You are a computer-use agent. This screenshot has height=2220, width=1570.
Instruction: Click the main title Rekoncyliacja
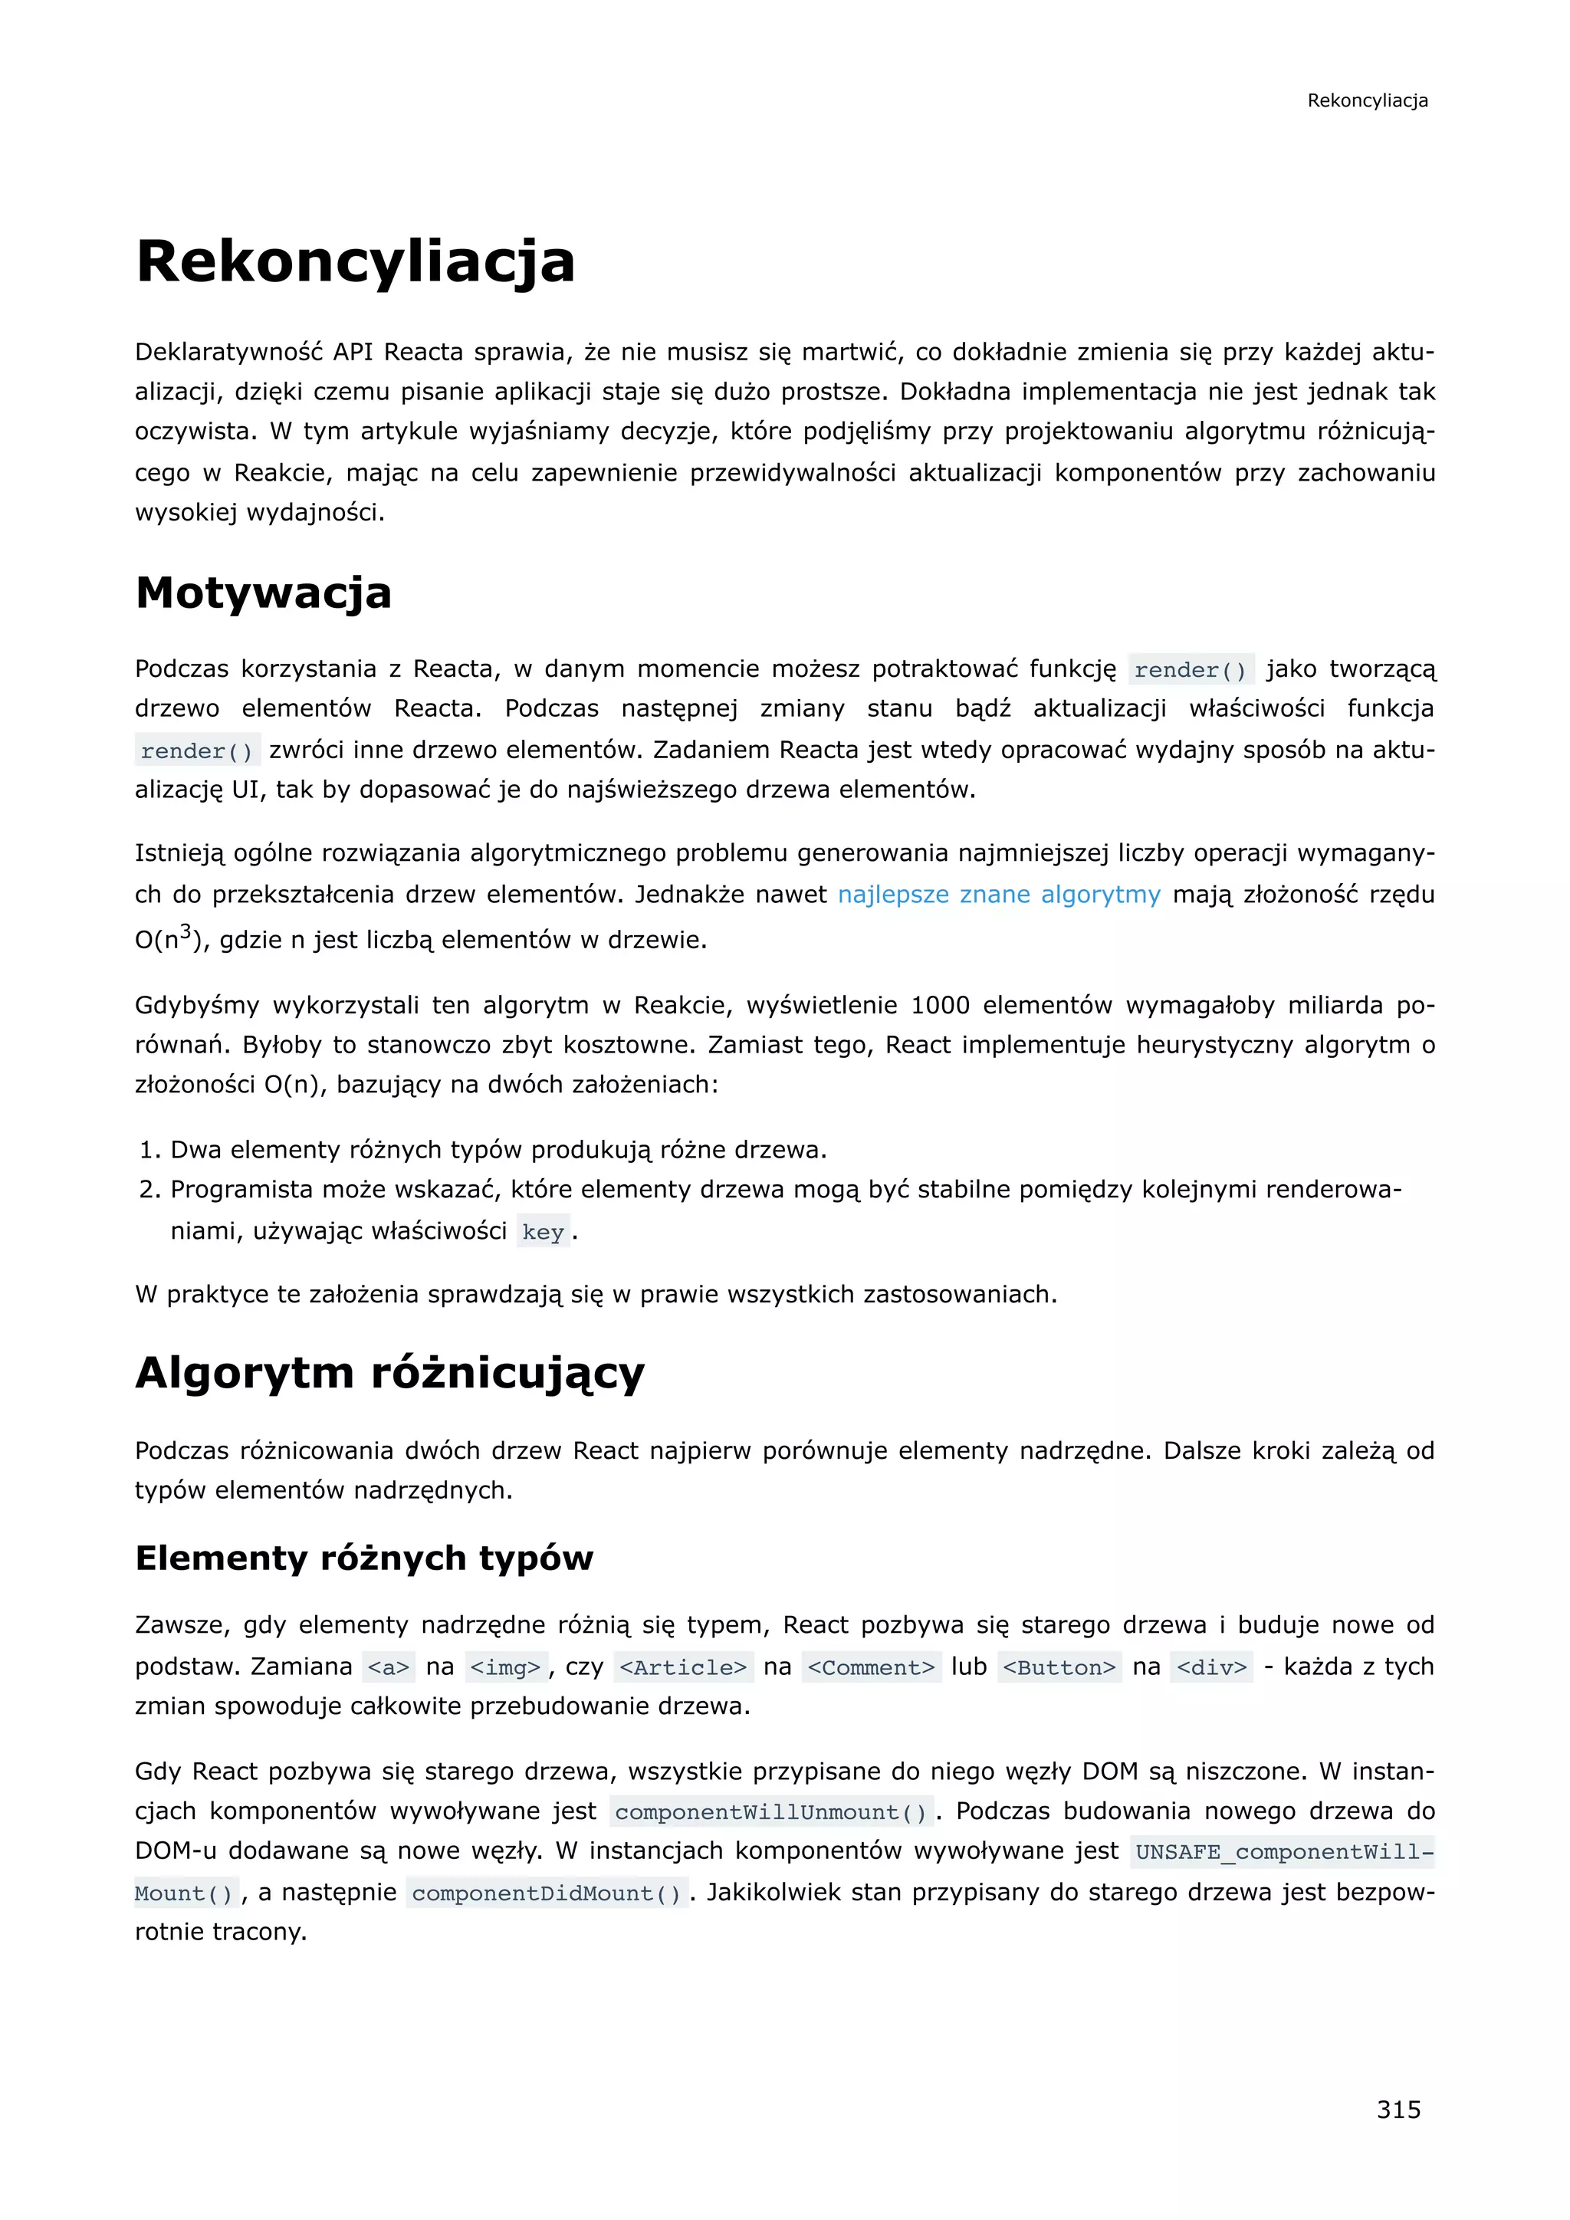tap(355, 261)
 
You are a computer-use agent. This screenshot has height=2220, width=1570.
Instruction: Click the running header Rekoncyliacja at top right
tap(1367, 100)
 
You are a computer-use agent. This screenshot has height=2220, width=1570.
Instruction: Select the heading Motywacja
tap(263, 593)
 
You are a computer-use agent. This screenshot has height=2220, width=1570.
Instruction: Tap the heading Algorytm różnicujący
tap(389, 1372)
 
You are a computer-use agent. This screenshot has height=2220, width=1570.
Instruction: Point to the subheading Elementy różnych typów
tap(363, 1558)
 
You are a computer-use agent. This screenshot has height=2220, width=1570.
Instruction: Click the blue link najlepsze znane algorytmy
tap(999, 895)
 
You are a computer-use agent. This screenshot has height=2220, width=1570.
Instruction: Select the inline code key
tap(542, 1232)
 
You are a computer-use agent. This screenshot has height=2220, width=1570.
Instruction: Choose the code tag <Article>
tap(682, 1667)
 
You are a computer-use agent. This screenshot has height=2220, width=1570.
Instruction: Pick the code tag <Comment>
tap(871, 1667)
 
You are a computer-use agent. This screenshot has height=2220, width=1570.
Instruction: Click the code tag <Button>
tap(1059, 1667)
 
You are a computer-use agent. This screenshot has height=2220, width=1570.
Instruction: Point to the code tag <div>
tap(1211, 1667)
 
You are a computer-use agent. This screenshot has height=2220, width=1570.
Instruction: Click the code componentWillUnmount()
tap(770, 1812)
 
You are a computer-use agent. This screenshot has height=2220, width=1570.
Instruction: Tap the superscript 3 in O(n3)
tap(186, 932)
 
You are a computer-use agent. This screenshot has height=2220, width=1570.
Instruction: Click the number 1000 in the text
tap(940, 1006)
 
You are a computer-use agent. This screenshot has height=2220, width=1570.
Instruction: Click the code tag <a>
tap(389, 1667)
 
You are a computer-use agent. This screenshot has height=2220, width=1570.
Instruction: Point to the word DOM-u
tap(175, 1851)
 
